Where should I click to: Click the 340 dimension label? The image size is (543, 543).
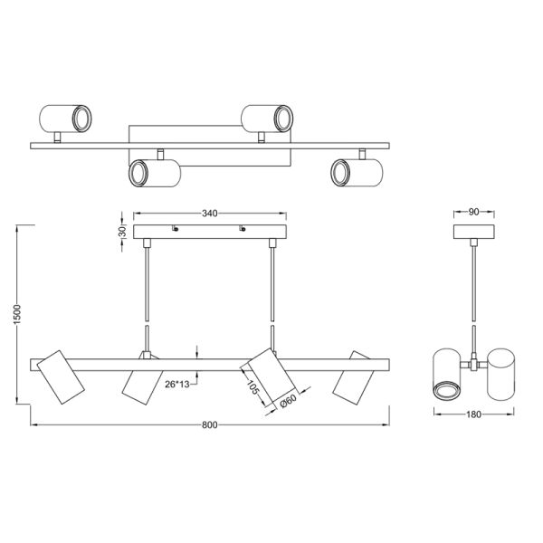210,214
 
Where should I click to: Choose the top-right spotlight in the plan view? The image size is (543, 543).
265,117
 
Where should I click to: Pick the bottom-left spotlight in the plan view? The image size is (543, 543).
152,172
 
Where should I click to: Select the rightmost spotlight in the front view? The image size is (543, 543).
353,376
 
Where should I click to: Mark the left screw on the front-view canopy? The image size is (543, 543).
175,228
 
